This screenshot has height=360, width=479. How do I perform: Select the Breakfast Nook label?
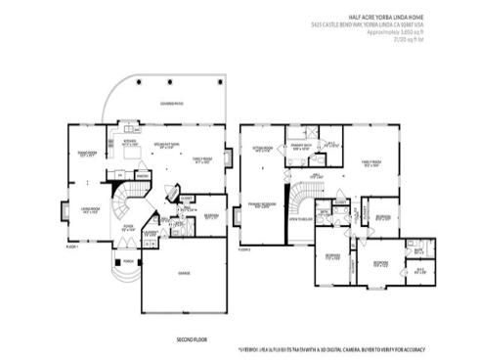(x=164, y=144)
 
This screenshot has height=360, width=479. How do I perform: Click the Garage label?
(x=184, y=273)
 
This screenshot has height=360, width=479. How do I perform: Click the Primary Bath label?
(x=300, y=148)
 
